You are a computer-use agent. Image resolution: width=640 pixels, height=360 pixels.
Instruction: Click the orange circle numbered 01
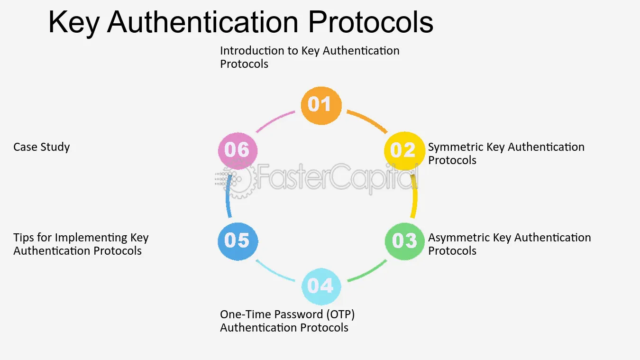click(x=321, y=105)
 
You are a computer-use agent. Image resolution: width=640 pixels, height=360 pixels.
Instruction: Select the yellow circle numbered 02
click(x=404, y=151)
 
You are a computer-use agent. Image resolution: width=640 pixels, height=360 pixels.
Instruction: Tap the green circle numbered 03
click(x=404, y=241)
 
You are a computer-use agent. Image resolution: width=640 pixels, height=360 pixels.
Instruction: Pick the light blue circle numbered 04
click(x=321, y=286)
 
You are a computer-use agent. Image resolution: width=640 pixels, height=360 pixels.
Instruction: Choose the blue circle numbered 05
click(x=238, y=241)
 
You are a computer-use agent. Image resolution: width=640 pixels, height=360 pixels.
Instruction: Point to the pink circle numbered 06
click(x=238, y=151)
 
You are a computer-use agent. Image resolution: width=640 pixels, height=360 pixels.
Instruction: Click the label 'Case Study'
click(x=41, y=147)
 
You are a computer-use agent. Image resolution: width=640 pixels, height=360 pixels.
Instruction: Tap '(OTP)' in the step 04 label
click(x=340, y=314)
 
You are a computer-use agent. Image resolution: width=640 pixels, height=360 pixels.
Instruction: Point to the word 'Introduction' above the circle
click(x=252, y=51)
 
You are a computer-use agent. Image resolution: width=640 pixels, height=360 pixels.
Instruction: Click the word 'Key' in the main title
click(x=73, y=23)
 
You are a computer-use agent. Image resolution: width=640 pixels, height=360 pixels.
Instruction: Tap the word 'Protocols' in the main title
click(x=371, y=22)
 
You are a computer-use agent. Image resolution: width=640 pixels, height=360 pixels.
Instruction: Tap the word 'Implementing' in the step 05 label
click(x=91, y=238)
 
